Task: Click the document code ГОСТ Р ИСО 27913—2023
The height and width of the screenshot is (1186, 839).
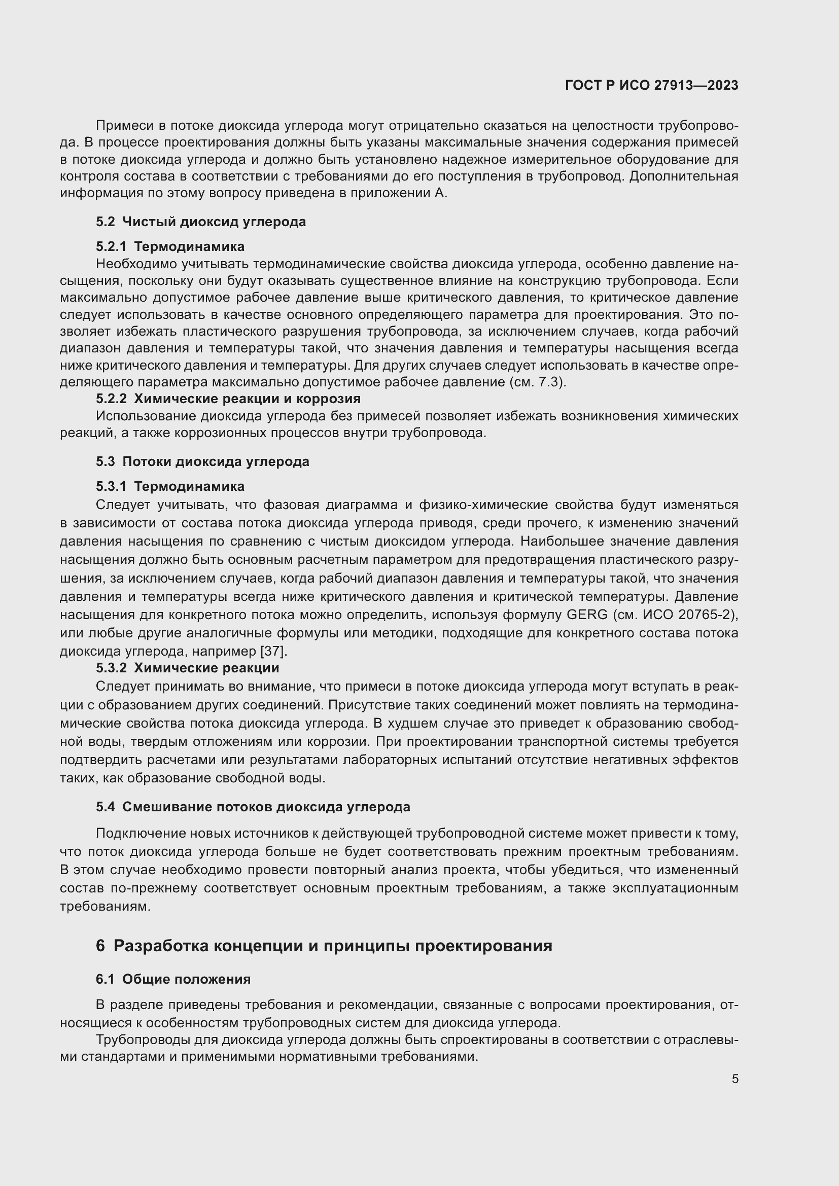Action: tap(651, 85)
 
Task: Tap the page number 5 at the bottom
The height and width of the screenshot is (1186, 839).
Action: tap(735, 1079)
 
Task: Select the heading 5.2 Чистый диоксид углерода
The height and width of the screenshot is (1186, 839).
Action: tap(201, 222)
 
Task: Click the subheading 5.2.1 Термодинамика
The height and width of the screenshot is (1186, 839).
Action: tap(170, 246)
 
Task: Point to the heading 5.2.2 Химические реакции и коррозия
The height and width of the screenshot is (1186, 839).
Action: tap(228, 399)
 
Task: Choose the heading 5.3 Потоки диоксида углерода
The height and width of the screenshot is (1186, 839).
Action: tap(202, 461)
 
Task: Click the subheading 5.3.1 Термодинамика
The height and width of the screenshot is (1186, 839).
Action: tap(170, 486)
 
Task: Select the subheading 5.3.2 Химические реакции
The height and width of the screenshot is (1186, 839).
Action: tap(188, 668)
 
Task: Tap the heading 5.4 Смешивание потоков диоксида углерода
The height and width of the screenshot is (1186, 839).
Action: tap(253, 807)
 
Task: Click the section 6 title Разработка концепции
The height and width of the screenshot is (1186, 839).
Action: tap(324, 946)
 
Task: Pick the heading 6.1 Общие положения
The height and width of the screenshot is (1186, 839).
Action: tap(173, 980)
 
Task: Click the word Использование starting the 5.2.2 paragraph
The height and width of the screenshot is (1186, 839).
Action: tap(146, 416)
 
